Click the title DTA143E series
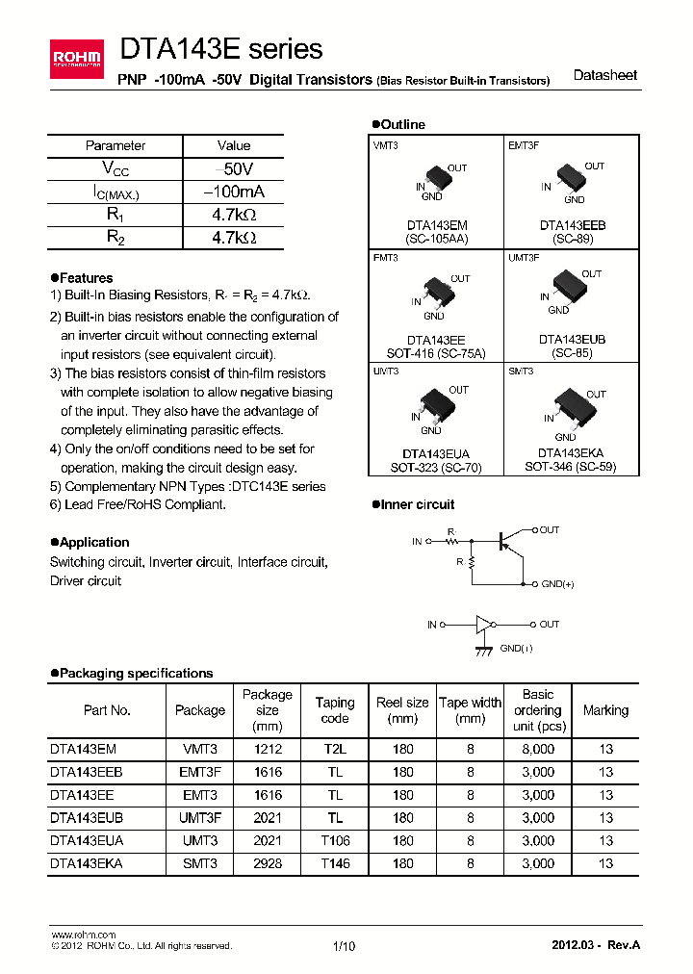click(220, 48)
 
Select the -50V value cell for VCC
click(233, 168)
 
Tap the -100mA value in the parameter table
click(233, 192)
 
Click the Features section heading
click(85, 278)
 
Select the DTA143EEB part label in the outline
click(572, 225)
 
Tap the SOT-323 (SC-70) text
click(436, 467)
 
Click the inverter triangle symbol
click(483, 625)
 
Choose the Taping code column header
click(335, 710)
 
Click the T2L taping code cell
click(335, 748)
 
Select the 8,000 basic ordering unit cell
click(537, 748)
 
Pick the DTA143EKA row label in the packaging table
click(87, 863)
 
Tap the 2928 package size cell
click(267, 863)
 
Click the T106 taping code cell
click(335, 840)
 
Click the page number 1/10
click(344, 946)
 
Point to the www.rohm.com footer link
click(83, 935)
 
